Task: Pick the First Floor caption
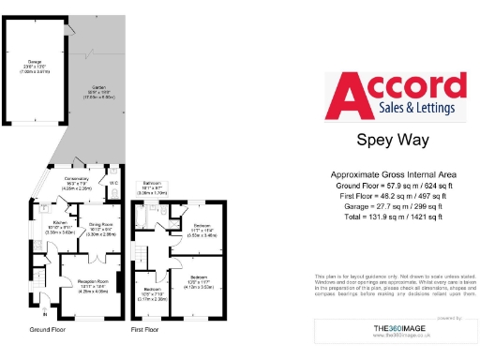(x=146, y=331)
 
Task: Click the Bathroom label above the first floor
(x=154, y=187)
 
